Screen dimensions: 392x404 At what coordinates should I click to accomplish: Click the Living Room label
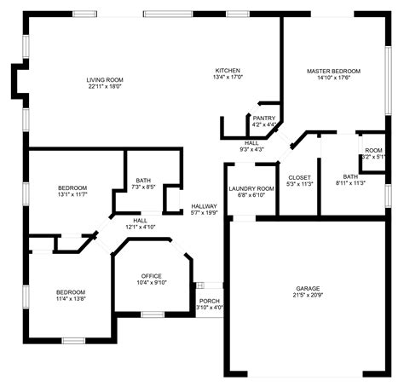click(x=104, y=80)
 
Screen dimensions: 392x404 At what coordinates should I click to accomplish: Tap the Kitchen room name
click(x=228, y=70)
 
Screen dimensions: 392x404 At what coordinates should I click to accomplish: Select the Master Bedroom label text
click(x=333, y=71)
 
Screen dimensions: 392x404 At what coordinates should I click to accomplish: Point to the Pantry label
click(x=264, y=118)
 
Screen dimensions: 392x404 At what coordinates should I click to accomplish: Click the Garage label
click(x=308, y=289)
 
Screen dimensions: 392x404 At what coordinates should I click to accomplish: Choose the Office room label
click(x=152, y=276)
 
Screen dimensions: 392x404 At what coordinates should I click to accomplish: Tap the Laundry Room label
click(x=251, y=188)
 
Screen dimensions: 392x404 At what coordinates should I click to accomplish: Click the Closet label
click(x=299, y=177)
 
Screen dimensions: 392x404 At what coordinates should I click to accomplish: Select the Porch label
click(x=209, y=301)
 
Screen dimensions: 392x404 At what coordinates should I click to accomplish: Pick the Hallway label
click(x=204, y=206)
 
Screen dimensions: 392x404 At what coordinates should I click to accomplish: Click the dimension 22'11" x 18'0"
click(x=104, y=87)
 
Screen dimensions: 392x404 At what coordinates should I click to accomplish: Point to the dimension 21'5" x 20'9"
click(x=308, y=296)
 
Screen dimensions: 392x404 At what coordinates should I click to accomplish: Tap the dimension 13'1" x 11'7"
click(x=72, y=194)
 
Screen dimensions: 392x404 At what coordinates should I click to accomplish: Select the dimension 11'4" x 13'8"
click(x=70, y=298)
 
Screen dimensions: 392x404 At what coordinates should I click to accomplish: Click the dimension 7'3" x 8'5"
click(x=144, y=187)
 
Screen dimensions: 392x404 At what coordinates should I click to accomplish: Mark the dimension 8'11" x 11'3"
click(x=350, y=183)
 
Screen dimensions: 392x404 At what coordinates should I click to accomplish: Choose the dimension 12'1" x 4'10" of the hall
click(x=140, y=227)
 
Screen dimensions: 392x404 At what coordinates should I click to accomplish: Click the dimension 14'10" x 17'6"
click(x=333, y=78)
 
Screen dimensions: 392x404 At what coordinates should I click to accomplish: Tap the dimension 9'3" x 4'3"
click(x=251, y=149)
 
